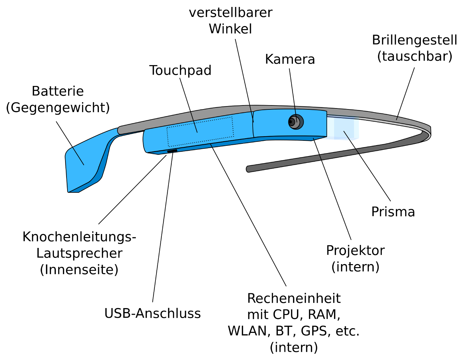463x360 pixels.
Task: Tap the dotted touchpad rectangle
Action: [200, 132]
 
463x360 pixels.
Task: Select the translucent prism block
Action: [346, 128]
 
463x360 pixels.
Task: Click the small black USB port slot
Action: [172, 151]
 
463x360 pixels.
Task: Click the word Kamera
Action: [290, 60]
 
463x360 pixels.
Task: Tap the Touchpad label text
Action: [180, 70]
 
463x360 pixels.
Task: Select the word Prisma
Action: [393, 212]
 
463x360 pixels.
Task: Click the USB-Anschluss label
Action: [152, 313]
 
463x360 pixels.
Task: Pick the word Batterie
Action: [58, 91]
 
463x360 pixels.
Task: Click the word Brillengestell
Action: [414, 40]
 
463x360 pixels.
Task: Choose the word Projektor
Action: [355, 251]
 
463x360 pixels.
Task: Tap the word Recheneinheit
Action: [294, 299]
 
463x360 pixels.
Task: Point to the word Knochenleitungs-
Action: [79, 237]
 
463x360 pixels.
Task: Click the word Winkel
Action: [230, 29]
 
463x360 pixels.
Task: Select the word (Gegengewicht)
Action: [58, 108]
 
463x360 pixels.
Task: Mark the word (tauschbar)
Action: [415, 56]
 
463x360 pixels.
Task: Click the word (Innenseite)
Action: [79, 270]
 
